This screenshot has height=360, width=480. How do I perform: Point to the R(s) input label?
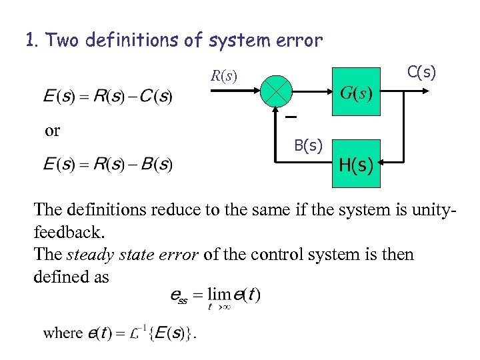click(224, 75)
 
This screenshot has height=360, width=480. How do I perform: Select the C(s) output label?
click(421, 72)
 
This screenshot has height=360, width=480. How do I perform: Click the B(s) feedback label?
click(309, 145)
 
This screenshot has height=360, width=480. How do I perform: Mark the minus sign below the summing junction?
click(291, 117)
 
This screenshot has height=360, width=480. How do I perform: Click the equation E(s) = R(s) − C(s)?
click(107, 97)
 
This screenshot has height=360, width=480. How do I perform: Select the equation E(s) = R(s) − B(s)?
click(107, 164)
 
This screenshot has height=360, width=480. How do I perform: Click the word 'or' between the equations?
click(52, 131)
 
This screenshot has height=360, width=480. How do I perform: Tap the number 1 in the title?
click(31, 41)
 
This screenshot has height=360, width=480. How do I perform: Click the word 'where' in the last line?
click(63, 333)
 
